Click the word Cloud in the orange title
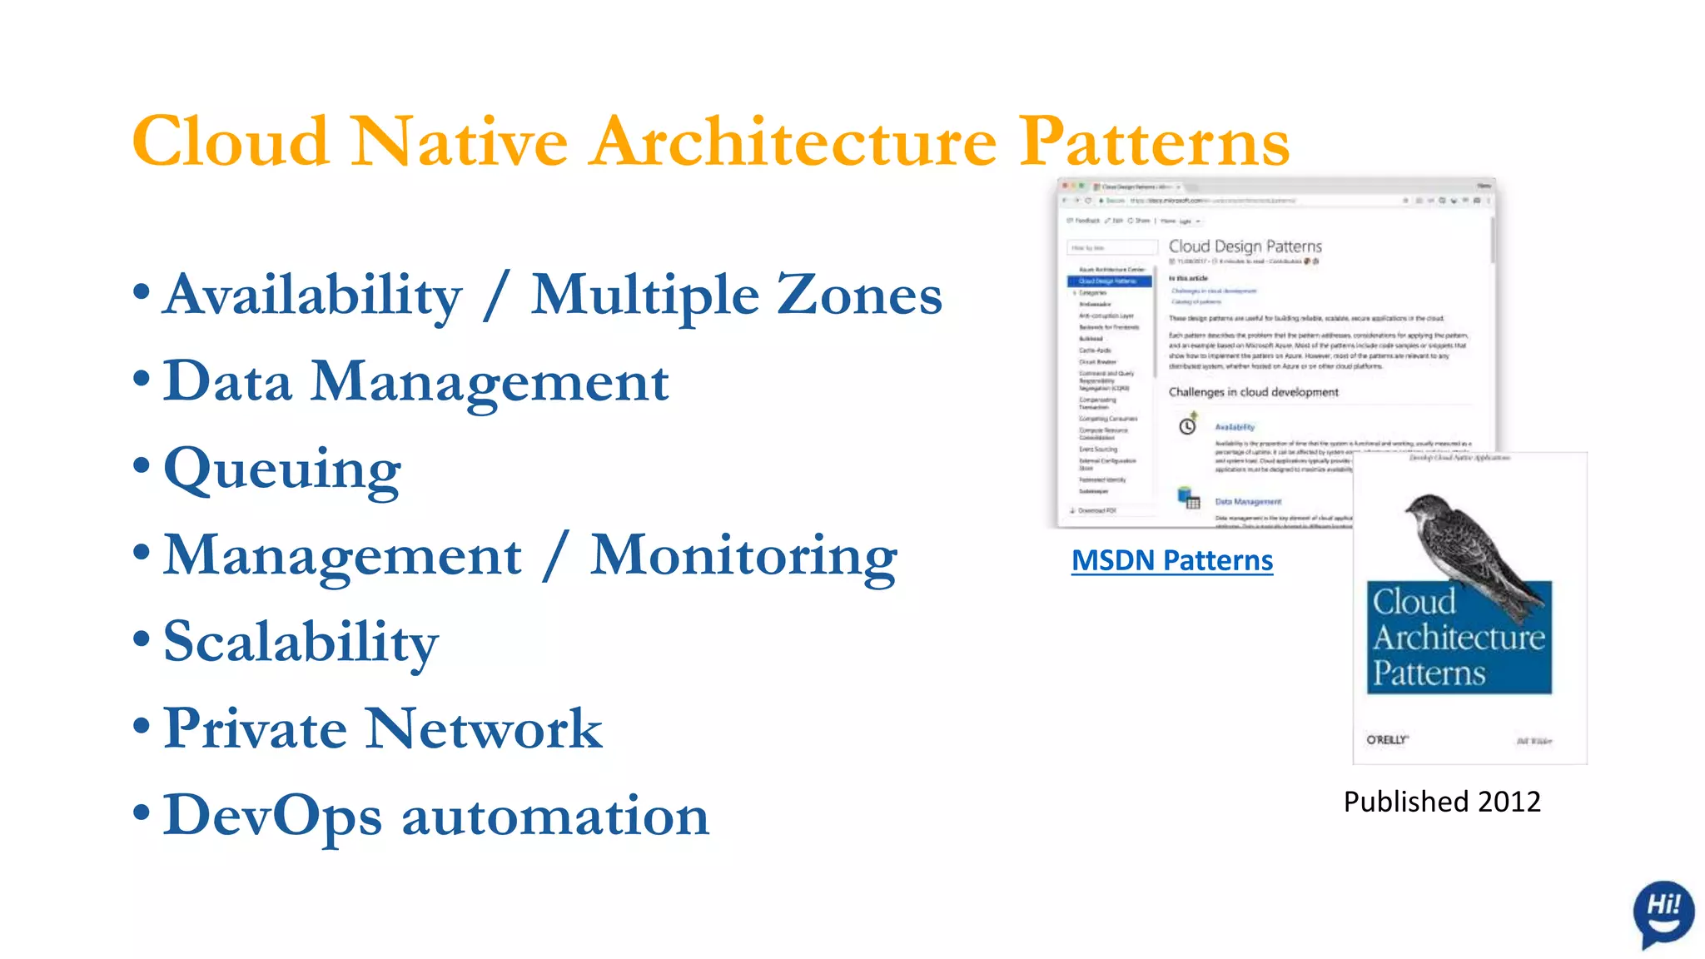[231, 142]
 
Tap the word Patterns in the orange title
[1155, 142]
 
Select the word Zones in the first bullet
[859, 296]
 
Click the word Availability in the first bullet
[312, 296]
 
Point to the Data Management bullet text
[415, 382]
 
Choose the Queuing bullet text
[282, 470]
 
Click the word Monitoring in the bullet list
[743, 556]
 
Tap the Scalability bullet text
[301, 643]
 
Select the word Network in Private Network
[484, 729]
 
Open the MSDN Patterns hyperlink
[1171, 560]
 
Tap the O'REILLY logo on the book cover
[1387, 739]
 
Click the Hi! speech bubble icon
[1663, 912]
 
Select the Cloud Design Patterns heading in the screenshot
[1245, 246]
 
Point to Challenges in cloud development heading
[1253, 392]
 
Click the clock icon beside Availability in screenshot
[1187, 426]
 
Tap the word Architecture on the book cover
[1459, 638]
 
